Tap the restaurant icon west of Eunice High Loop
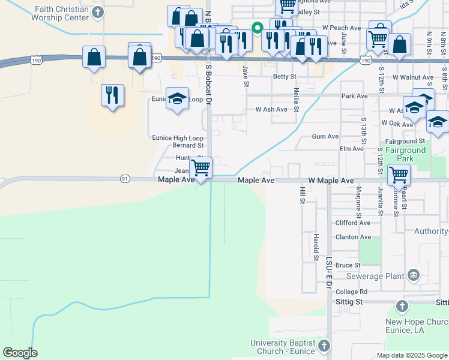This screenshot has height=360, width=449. [112, 95]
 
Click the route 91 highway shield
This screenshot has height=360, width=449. [125, 179]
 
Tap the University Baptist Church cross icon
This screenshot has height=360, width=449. [324, 346]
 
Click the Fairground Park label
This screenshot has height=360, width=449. [405, 154]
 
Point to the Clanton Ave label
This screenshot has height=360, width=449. [353, 237]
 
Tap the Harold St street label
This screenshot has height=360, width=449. [316, 247]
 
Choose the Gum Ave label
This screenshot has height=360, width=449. [322, 137]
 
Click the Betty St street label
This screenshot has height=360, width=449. [285, 77]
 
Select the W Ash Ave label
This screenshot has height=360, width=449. [271, 109]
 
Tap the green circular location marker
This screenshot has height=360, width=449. [257, 27]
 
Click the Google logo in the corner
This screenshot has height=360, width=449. [20, 352]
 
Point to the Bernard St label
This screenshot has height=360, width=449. [188, 145]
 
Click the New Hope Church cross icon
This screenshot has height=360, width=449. [402, 307]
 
